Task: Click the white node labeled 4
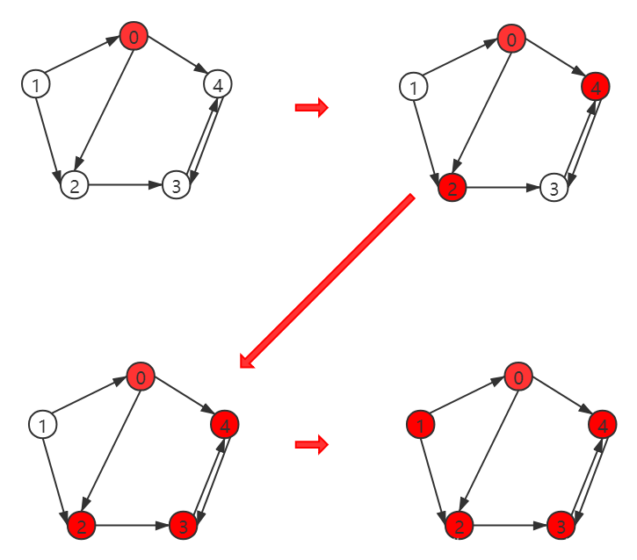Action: (x=218, y=84)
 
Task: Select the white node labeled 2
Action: (x=75, y=185)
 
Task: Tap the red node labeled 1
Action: (x=421, y=426)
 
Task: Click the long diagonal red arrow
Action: (x=327, y=282)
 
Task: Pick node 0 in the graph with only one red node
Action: (x=134, y=38)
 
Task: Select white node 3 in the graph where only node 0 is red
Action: (x=177, y=185)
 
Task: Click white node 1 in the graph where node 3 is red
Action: (x=41, y=426)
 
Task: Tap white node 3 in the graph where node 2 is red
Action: (x=553, y=187)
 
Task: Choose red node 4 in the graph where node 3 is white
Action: (x=595, y=87)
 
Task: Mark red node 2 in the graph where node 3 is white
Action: (x=452, y=187)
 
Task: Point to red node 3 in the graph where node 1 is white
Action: (x=183, y=526)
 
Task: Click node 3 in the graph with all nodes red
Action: (x=560, y=526)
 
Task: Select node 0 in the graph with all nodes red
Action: (x=518, y=378)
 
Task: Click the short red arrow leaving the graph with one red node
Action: (x=311, y=108)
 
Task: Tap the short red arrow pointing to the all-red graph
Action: (x=311, y=445)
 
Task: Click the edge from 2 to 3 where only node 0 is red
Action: (x=125, y=185)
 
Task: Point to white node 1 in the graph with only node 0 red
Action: (x=35, y=85)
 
